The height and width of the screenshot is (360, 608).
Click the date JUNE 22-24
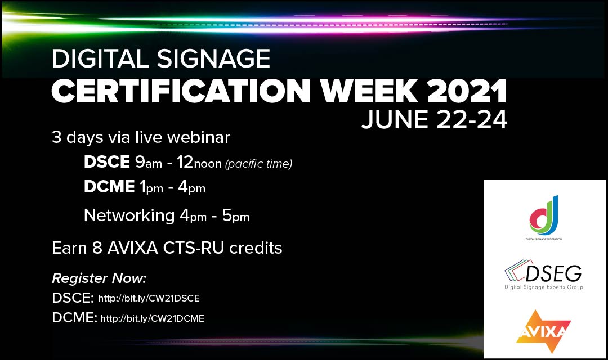(x=434, y=119)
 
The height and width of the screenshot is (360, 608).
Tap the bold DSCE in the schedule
(x=107, y=163)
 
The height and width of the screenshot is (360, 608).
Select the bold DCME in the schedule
(x=109, y=188)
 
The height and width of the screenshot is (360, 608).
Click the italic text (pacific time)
(x=258, y=164)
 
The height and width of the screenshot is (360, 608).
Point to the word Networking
(x=129, y=215)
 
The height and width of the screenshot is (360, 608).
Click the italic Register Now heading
(x=99, y=278)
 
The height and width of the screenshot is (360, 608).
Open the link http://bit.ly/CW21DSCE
(x=149, y=298)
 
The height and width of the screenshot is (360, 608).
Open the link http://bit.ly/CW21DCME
(x=152, y=319)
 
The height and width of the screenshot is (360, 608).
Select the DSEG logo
(x=544, y=276)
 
